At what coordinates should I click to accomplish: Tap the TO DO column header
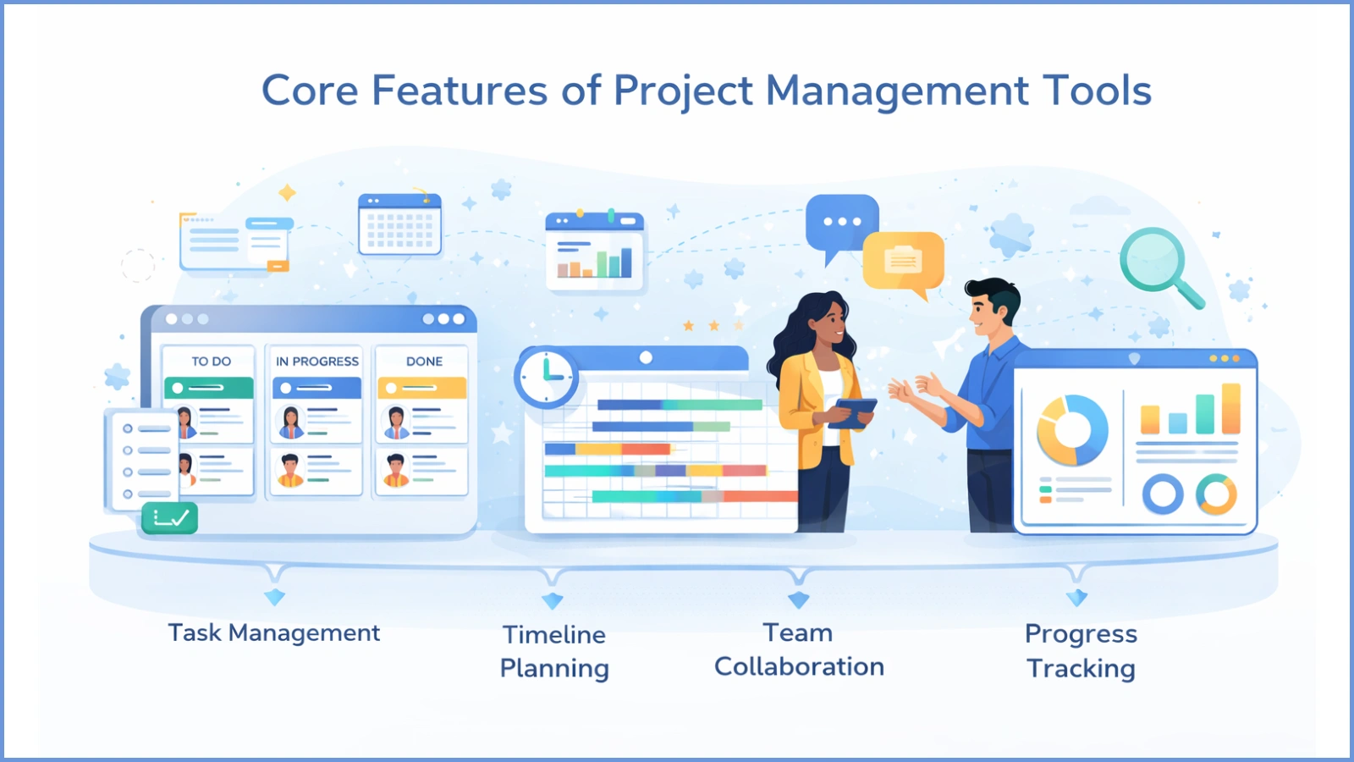[211, 362]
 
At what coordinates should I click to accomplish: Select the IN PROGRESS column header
[316, 362]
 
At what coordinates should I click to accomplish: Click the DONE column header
[424, 362]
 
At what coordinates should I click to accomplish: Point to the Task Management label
[273, 633]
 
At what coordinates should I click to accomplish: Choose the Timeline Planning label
[554, 651]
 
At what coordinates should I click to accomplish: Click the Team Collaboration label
[799, 649]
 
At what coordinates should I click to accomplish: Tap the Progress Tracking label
[1081, 651]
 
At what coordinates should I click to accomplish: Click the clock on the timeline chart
[546, 377]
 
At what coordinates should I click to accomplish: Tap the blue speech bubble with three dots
[841, 223]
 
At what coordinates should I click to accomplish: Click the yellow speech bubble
[903, 261]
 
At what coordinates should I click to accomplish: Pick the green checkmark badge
[170, 518]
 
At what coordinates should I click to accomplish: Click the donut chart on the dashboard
[1072, 430]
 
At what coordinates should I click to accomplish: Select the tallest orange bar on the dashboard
[1230, 408]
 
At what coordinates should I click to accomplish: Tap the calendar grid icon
[399, 225]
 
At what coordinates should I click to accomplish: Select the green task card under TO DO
[208, 388]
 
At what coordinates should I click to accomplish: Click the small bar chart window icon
[594, 251]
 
